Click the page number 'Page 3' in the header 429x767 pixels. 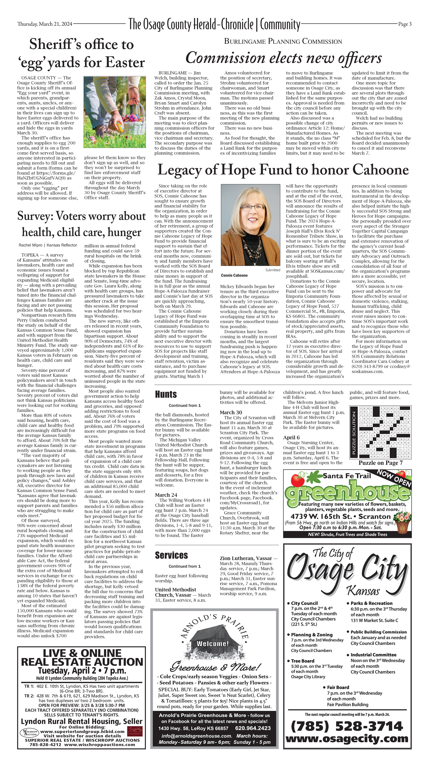(x=405, y=24)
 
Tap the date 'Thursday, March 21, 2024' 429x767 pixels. (x=45, y=24)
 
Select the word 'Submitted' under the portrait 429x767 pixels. (x=273, y=270)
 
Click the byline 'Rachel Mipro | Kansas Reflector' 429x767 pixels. (x=48, y=245)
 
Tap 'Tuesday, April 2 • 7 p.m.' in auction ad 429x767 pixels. (x=82, y=671)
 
